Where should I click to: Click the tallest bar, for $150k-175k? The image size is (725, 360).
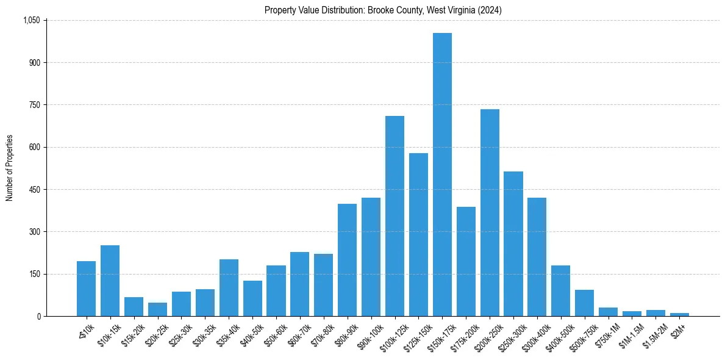coord(442,175)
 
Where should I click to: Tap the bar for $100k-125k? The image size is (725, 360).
coord(395,216)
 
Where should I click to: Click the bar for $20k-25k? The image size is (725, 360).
coord(157,309)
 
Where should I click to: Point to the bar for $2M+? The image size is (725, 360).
coord(679,314)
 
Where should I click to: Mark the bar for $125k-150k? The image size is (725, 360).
coord(418,234)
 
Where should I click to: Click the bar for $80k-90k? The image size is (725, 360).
coord(347,260)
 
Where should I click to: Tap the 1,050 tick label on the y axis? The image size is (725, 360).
coord(31,20)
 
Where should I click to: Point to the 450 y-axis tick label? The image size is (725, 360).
coord(35,190)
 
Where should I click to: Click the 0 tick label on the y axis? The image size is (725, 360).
coord(38,317)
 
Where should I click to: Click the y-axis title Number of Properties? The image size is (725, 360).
coord(10,168)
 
